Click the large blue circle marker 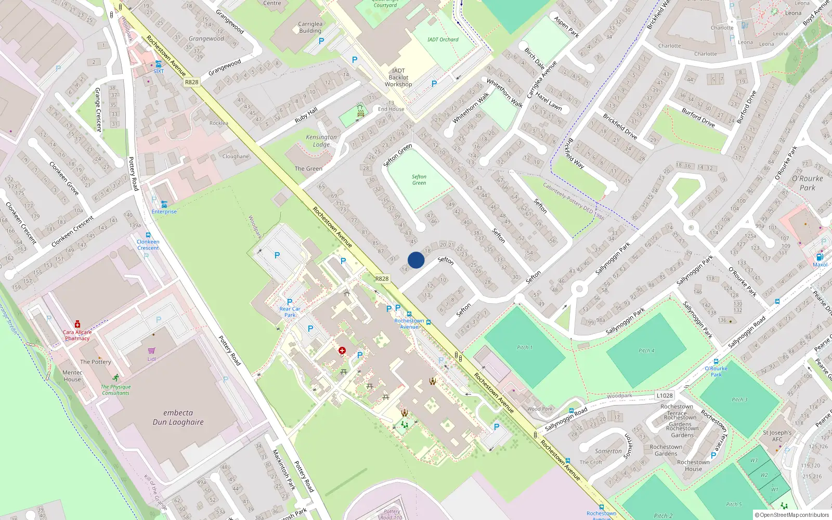(416, 260)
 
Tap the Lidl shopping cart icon (151, 351)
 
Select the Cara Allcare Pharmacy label (77, 335)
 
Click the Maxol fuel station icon (820, 257)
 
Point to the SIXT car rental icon (158, 64)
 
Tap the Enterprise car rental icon (164, 204)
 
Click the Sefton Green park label (419, 180)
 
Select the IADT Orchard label (443, 40)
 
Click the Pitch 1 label (524, 347)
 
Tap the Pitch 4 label (646, 350)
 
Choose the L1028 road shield (664, 395)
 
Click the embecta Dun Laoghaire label (178, 418)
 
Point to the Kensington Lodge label (321, 141)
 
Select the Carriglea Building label (310, 28)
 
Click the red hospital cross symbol (342, 350)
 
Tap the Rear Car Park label (290, 312)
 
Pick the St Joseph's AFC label (777, 436)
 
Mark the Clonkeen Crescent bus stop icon (148, 235)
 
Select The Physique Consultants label (115, 389)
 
